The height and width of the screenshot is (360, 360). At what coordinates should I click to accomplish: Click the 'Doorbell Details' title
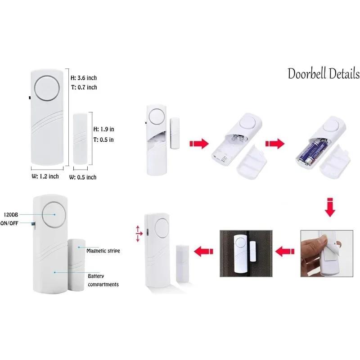click(324, 74)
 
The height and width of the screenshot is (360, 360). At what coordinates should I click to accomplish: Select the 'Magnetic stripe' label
click(103, 251)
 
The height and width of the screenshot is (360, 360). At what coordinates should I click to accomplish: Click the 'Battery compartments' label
click(103, 280)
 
